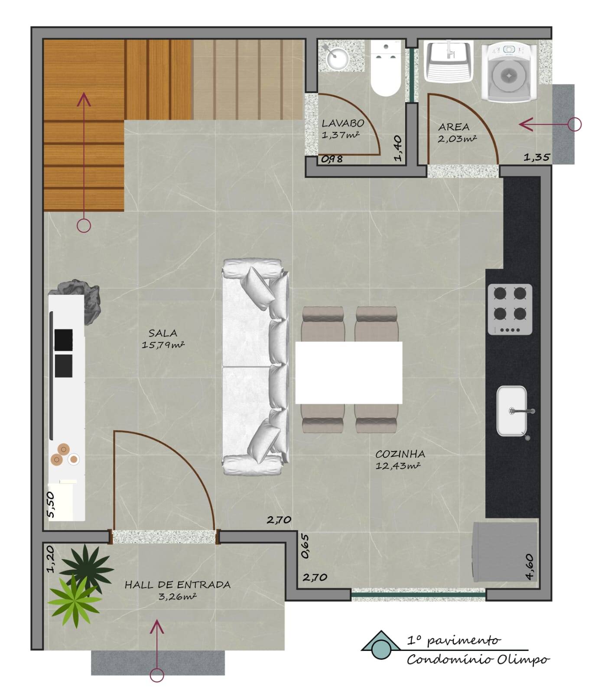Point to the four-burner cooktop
click(510, 309)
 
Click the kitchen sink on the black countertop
click(512, 410)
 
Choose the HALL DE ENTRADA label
click(177, 585)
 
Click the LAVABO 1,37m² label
click(342, 129)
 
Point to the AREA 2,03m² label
click(455, 132)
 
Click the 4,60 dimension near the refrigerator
click(530, 567)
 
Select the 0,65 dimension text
click(305, 546)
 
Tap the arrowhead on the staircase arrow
click(84, 100)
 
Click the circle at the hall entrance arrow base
click(157, 675)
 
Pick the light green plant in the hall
click(75, 601)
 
